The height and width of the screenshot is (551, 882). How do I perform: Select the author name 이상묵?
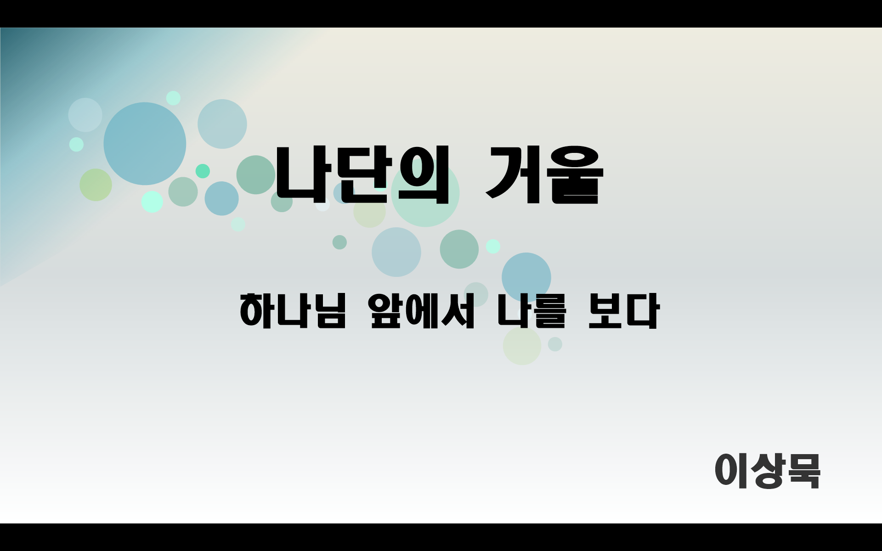tap(767, 471)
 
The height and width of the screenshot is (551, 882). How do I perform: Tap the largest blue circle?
tap(145, 143)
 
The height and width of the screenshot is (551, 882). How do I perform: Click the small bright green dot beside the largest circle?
tap(203, 171)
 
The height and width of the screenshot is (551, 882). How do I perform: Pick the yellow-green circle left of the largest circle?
tap(96, 185)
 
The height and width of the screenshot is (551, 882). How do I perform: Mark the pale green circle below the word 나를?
tap(522, 346)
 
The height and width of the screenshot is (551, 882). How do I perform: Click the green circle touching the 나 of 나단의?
tap(255, 175)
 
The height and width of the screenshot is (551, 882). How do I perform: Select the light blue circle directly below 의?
tap(396, 252)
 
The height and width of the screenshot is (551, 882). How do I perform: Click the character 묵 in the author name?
tap(804, 471)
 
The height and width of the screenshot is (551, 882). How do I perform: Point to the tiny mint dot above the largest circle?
tap(173, 98)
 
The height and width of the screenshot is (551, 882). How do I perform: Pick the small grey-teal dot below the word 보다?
tap(555, 344)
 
